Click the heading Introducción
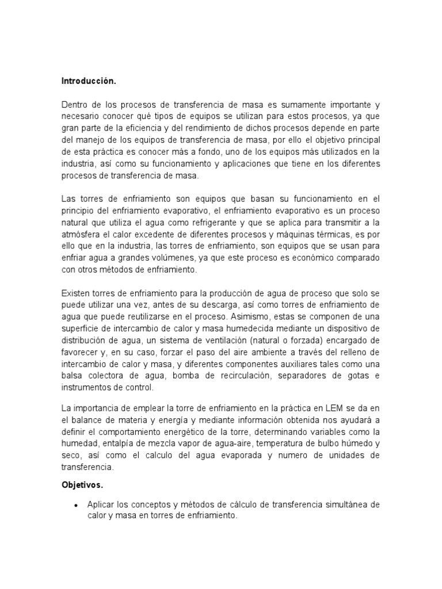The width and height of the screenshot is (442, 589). (89, 82)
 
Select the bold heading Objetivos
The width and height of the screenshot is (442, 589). (82, 485)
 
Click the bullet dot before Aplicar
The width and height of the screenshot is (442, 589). (76, 505)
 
